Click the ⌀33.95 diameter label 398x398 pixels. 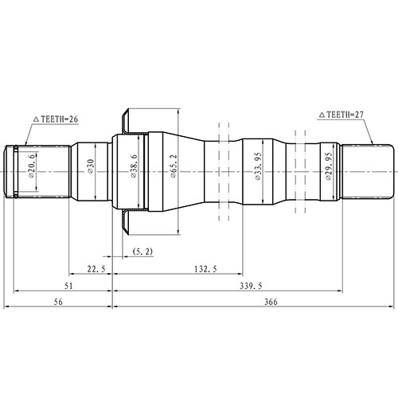(x=256, y=170)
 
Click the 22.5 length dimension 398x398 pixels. (x=96, y=269)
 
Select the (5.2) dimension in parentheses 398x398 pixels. (x=144, y=252)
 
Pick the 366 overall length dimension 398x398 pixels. (x=270, y=303)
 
